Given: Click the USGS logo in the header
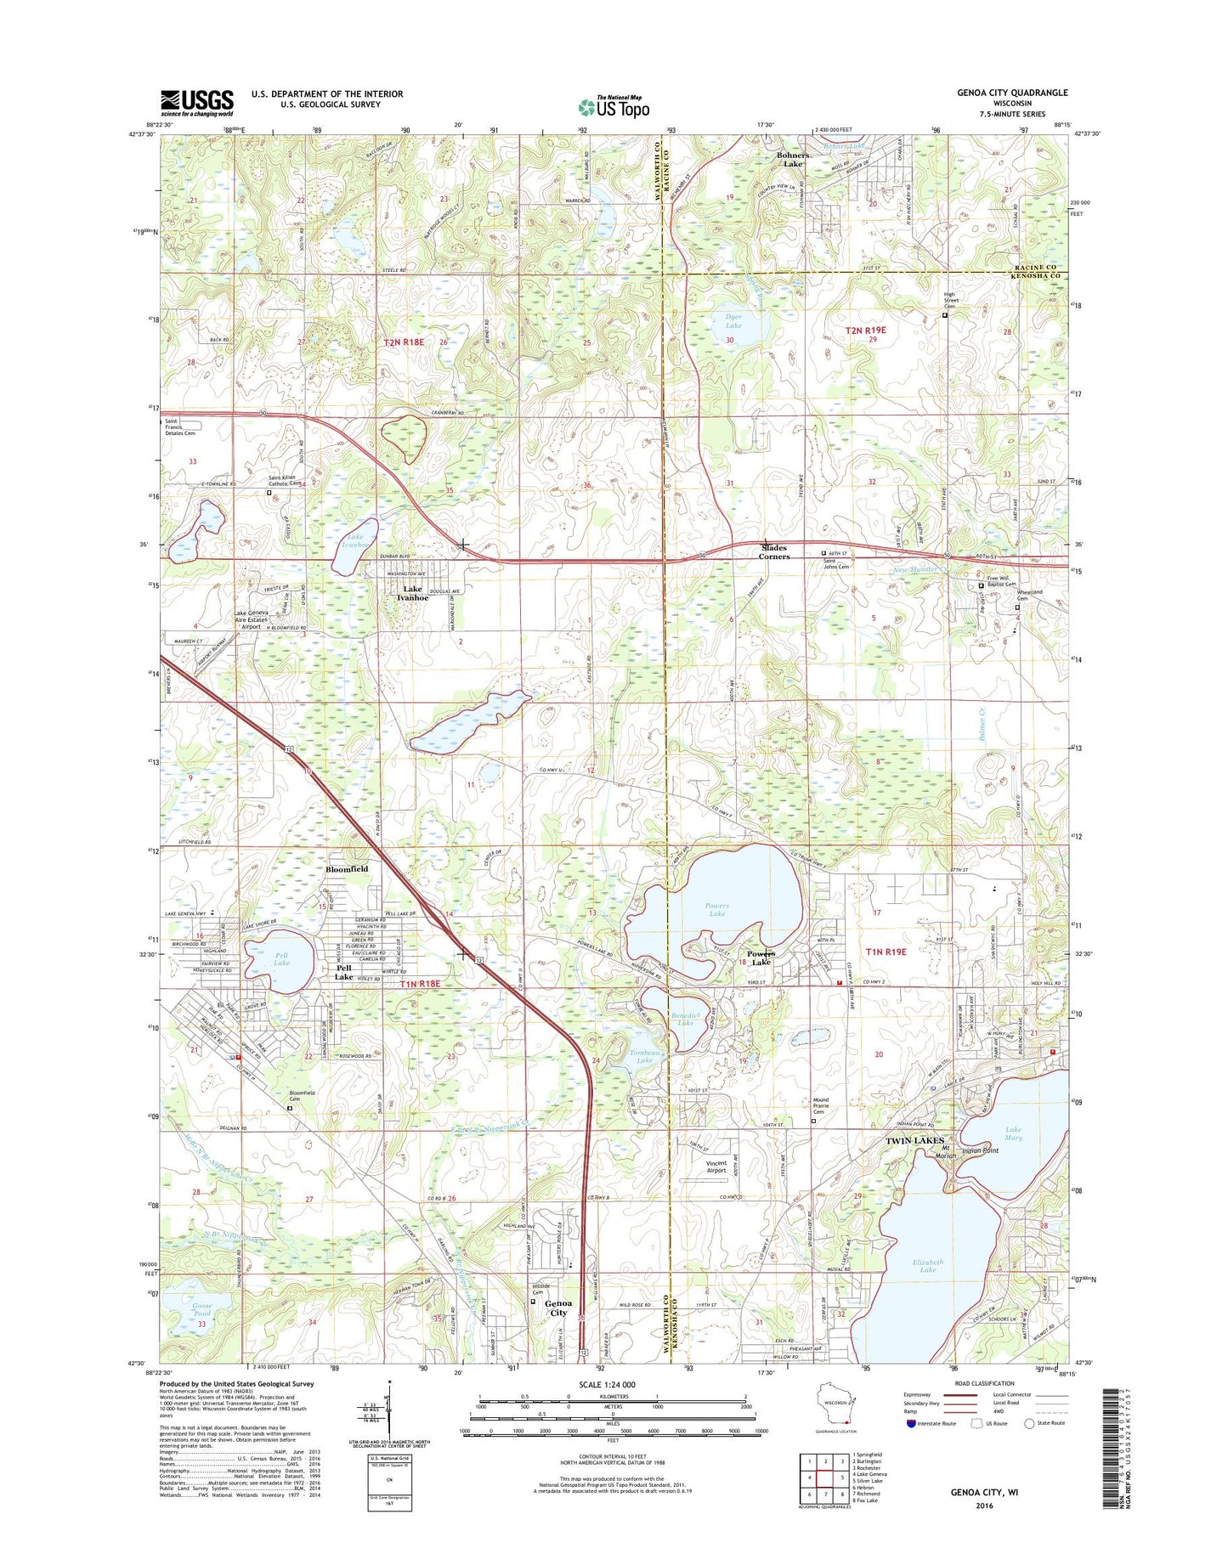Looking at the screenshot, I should click(x=196, y=103).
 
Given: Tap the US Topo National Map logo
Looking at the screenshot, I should click(x=614, y=106).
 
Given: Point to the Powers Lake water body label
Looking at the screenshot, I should click(x=716, y=910).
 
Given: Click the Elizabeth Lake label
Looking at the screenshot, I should click(x=927, y=1266).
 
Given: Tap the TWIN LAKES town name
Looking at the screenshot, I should click(x=914, y=1140).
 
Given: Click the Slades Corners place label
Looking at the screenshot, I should click(x=774, y=552).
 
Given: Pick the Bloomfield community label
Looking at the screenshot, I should click(x=347, y=869).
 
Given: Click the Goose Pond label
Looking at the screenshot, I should click(x=201, y=1309).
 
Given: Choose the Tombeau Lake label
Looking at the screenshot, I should click(x=644, y=1057).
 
